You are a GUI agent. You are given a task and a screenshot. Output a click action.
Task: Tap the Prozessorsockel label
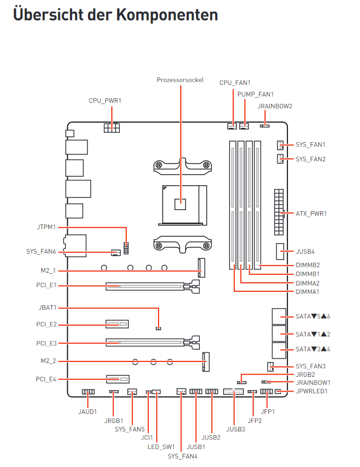click(180, 80)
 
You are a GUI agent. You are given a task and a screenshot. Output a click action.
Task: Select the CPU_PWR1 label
click(105, 100)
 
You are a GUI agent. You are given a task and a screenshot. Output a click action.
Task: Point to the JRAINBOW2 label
click(275, 106)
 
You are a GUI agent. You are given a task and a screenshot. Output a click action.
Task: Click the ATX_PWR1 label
click(311, 213)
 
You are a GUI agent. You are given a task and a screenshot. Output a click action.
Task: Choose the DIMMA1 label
click(308, 291)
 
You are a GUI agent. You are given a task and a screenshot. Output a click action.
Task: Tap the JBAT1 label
click(48, 307)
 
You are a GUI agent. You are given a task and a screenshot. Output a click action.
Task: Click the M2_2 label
click(48, 361)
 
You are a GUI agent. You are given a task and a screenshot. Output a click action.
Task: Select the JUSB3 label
click(235, 428)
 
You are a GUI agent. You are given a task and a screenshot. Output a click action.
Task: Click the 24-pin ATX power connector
click(278, 212)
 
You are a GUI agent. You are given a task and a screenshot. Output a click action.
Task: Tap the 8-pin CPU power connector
click(112, 128)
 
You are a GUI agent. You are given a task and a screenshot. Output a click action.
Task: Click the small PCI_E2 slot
click(118, 324)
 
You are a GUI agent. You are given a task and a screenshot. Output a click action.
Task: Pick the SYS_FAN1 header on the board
click(279, 145)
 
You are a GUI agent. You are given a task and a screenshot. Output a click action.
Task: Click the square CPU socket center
click(181, 202)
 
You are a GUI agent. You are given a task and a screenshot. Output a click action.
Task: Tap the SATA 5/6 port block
click(278, 316)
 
